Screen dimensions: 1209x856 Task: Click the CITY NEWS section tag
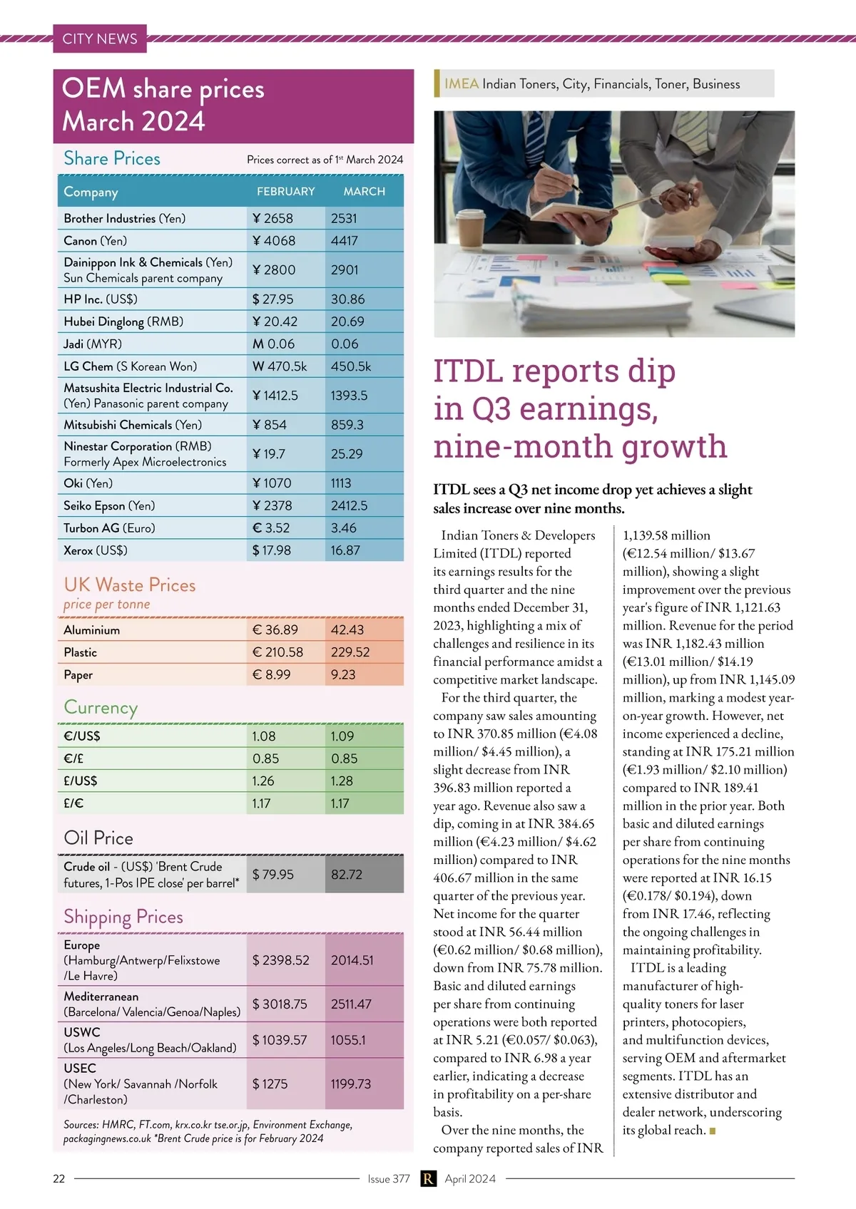[x=100, y=39]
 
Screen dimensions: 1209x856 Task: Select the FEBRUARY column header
[x=285, y=192]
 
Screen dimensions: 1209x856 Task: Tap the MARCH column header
[x=364, y=192]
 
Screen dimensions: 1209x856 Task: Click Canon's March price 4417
[x=345, y=241]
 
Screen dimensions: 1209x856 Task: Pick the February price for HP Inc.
[x=273, y=299]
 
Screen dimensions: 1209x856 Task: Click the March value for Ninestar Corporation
[x=347, y=454]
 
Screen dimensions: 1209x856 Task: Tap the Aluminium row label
[x=92, y=630]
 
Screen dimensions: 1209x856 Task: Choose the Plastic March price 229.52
[x=350, y=652]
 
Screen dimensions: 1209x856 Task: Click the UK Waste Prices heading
[x=130, y=585]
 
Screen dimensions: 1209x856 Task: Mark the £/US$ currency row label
[x=81, y=781]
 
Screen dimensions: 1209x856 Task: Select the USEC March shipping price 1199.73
[x=351, y=1084]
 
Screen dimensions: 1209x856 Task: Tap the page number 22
[x=59, y=1179]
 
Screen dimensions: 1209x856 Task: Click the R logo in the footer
[x=428, y=1179]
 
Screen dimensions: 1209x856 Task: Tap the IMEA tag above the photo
[x=462, y=84]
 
